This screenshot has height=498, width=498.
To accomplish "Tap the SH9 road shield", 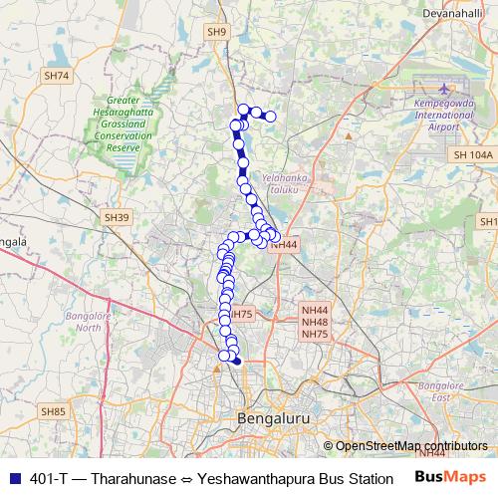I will click(217, 33).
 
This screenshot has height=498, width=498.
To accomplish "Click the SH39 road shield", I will click(117, 216).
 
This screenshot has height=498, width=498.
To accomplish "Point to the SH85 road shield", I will click(53, 410).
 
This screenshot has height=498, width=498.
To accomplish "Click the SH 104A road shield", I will click(471, 155).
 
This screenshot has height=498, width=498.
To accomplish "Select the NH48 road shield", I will click(315, 322).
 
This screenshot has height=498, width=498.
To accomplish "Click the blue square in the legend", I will click(13, 478).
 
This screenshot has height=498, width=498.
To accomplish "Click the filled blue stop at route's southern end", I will click(236, 362).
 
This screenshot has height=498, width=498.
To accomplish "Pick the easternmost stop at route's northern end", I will click(270, 117).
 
